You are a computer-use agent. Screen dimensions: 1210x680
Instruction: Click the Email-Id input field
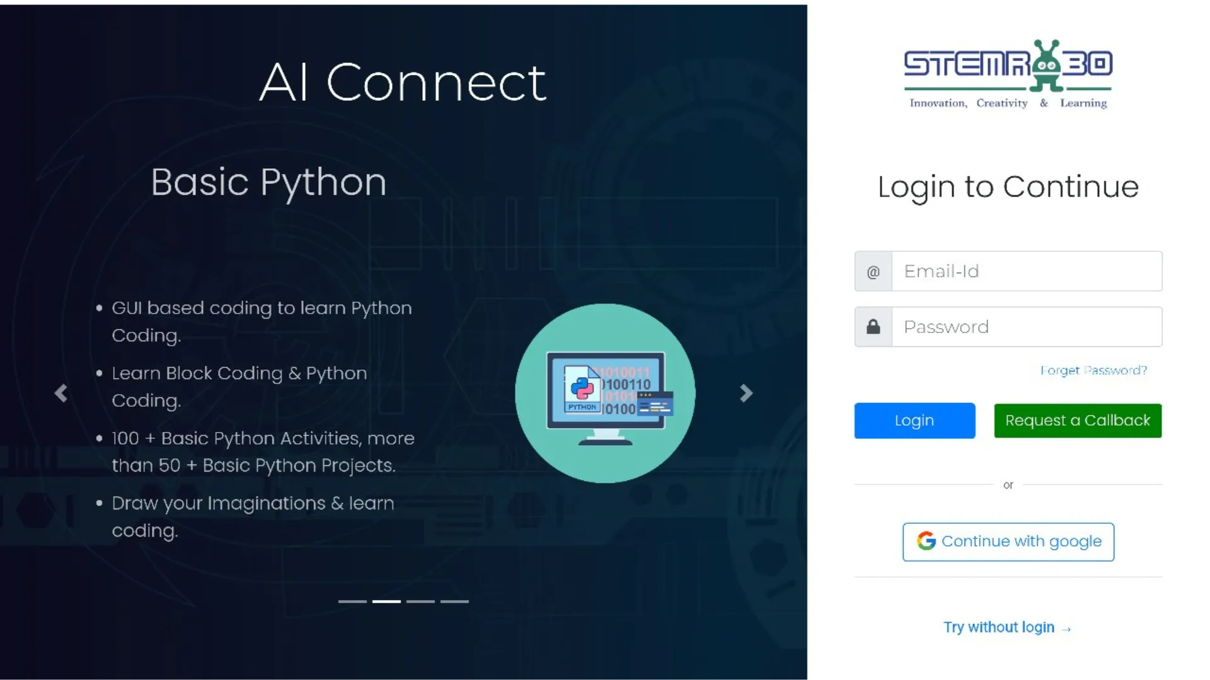(1027, 271)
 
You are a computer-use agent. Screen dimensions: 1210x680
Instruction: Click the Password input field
(1027, 327)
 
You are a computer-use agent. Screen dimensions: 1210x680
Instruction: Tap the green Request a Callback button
(1078, 421)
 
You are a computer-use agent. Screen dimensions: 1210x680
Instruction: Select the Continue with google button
(1008, 542)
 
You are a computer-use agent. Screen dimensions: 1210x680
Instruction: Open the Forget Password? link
(1093, 370)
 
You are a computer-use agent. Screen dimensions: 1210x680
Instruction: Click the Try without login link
(1006, 627)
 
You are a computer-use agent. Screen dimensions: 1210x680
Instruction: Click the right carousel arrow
(746, 394)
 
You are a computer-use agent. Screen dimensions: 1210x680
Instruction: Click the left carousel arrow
(61, 394)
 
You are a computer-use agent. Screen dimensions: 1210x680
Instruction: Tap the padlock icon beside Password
(873, 326)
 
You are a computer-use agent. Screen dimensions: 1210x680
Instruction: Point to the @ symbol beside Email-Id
(873, 272)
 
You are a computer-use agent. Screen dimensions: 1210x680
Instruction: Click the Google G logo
(926, 541)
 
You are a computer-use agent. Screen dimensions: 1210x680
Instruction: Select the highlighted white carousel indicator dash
(386, 601)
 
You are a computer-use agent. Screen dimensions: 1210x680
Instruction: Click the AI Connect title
(403, 82)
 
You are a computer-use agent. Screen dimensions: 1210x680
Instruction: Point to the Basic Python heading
(268, 183)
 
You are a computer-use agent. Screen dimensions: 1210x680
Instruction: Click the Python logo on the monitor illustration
(582, 387)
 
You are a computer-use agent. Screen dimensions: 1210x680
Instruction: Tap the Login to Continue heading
(1008, 187)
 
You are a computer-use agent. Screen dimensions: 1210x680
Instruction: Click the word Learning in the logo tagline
(1083, 103)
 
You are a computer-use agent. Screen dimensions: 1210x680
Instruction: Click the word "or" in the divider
(1008, 485)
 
